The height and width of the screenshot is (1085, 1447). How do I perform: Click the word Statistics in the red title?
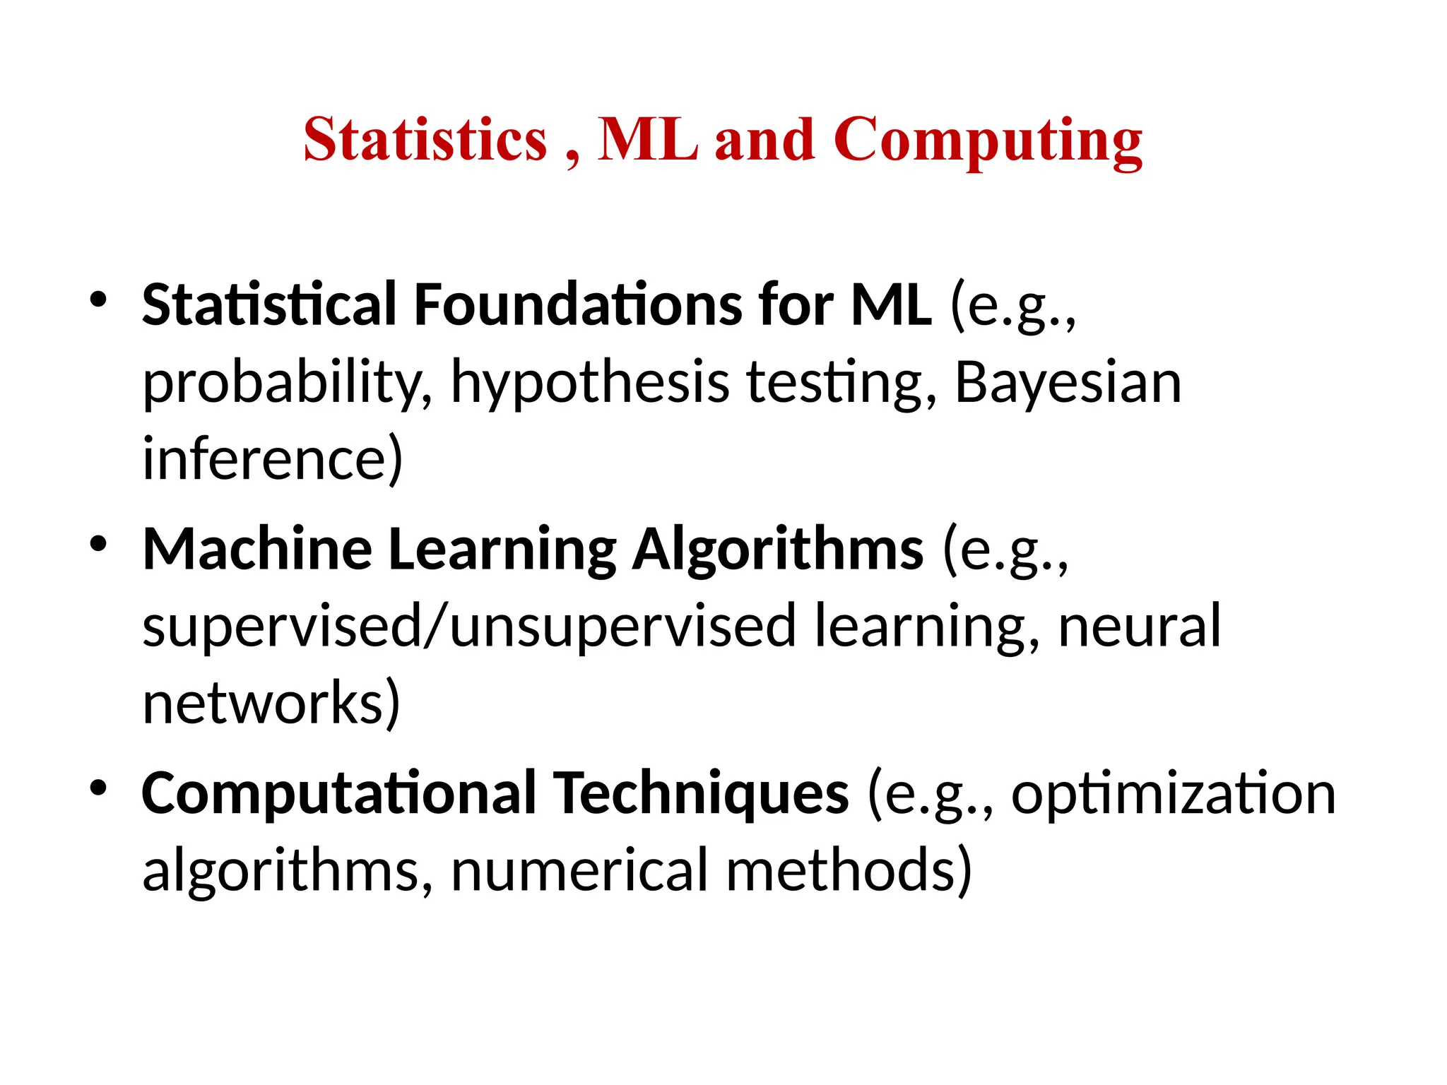tap(425, 139)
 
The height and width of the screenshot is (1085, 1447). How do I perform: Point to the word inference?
tap(272, 458)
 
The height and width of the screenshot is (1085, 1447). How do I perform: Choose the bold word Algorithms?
tap(777, 551)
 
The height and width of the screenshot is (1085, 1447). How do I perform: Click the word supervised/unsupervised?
tap(469, 627)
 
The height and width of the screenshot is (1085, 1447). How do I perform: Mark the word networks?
tap(271, 704)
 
